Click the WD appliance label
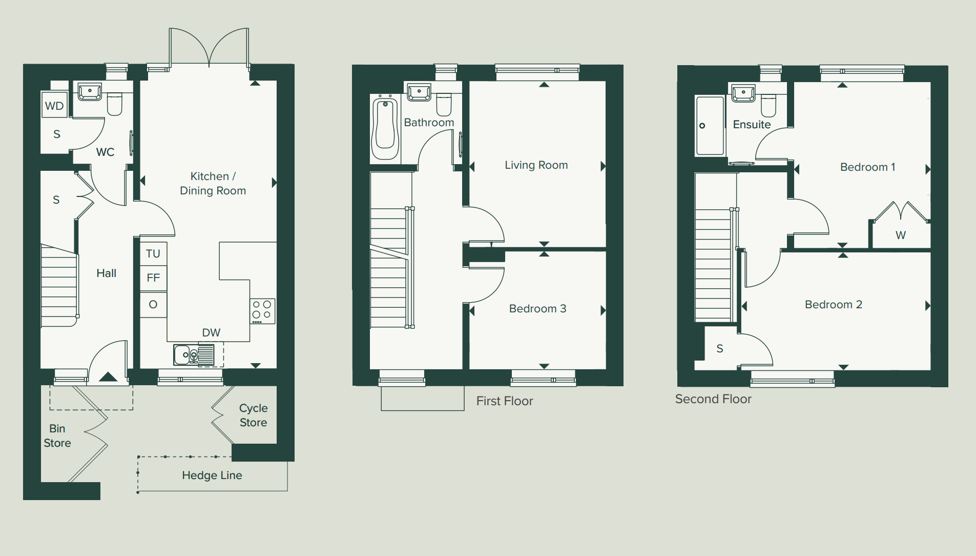[54, 106]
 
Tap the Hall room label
[107, 273]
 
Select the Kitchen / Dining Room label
[213, 184]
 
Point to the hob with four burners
[262, 311]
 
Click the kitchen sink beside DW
[194, 355]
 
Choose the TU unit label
[153, 254]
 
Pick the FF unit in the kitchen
[153, 278]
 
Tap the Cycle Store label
[254, 415]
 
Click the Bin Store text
[57, 436]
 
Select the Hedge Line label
[212, 475]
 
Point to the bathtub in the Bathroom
[385, 127]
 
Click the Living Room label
[536, 165]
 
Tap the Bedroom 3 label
[538, 309]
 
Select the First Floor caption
[505, 401]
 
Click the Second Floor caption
[713, 399]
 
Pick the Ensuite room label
[752, 125]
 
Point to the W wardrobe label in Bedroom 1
[901, 235]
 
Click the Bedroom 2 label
[834, 305]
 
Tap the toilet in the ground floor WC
[115, 104]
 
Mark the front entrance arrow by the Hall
[108, 377]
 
